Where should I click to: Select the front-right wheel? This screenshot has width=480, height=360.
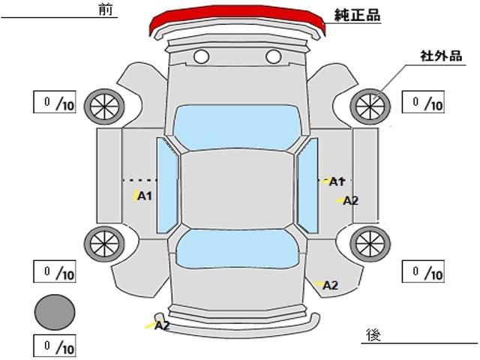(371, 106)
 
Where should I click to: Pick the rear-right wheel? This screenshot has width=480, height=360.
(371, 242)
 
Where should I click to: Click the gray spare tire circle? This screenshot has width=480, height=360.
(55, 310)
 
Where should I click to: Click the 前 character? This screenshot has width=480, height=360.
(104, 9)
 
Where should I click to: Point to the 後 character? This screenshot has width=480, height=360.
(373, 334)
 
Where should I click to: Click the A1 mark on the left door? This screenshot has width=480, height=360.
(145, 196)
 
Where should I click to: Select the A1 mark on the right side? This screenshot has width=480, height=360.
(337, 181)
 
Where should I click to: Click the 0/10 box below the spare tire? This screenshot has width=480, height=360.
(55, 346)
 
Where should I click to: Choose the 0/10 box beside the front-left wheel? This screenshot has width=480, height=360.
(55, 102)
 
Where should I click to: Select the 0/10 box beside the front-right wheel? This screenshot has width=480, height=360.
(424, 102)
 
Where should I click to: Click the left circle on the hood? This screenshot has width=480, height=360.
(201, 56)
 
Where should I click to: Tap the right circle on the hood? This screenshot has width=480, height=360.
(273, 56)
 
